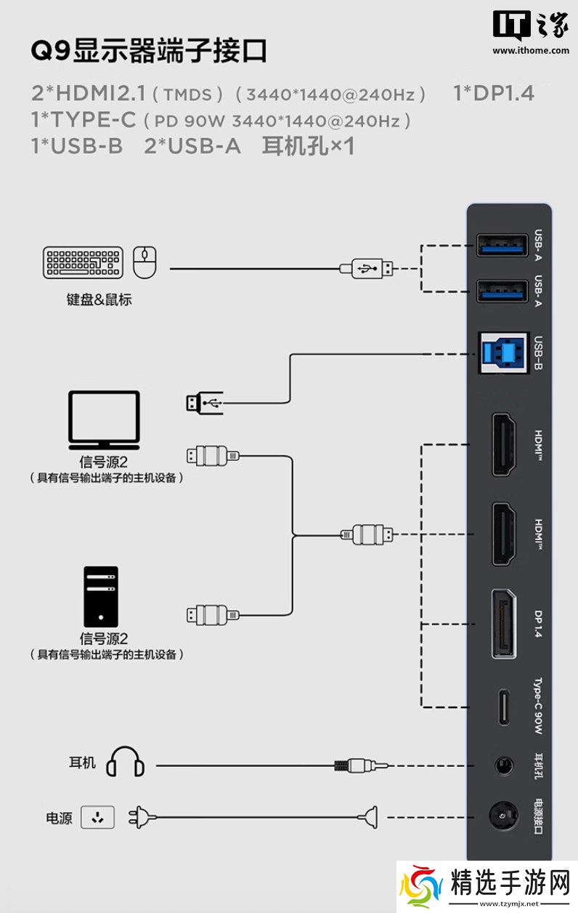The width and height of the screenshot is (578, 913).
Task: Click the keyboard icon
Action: coord(83,262)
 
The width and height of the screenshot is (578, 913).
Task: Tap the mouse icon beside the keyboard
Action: coord(145,262)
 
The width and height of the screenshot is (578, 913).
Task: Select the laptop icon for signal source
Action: coord(103,420)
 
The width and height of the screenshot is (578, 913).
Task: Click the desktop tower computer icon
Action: coord(99,596)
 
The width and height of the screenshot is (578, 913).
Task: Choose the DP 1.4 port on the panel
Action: coord(503,624)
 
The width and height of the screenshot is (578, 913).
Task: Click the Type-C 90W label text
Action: coord(538,706)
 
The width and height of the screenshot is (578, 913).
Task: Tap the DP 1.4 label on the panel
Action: coord(538,624)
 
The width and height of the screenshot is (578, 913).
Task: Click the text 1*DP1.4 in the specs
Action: coord(493,93)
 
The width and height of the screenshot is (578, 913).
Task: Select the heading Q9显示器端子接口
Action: coord(149,51)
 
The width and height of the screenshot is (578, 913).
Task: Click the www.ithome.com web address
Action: coord(531,50)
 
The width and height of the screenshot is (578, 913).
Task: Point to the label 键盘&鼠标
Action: coord(99,299)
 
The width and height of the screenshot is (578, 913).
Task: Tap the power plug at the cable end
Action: coord(142,818)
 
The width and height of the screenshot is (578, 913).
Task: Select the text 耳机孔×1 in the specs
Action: coord(308,146)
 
